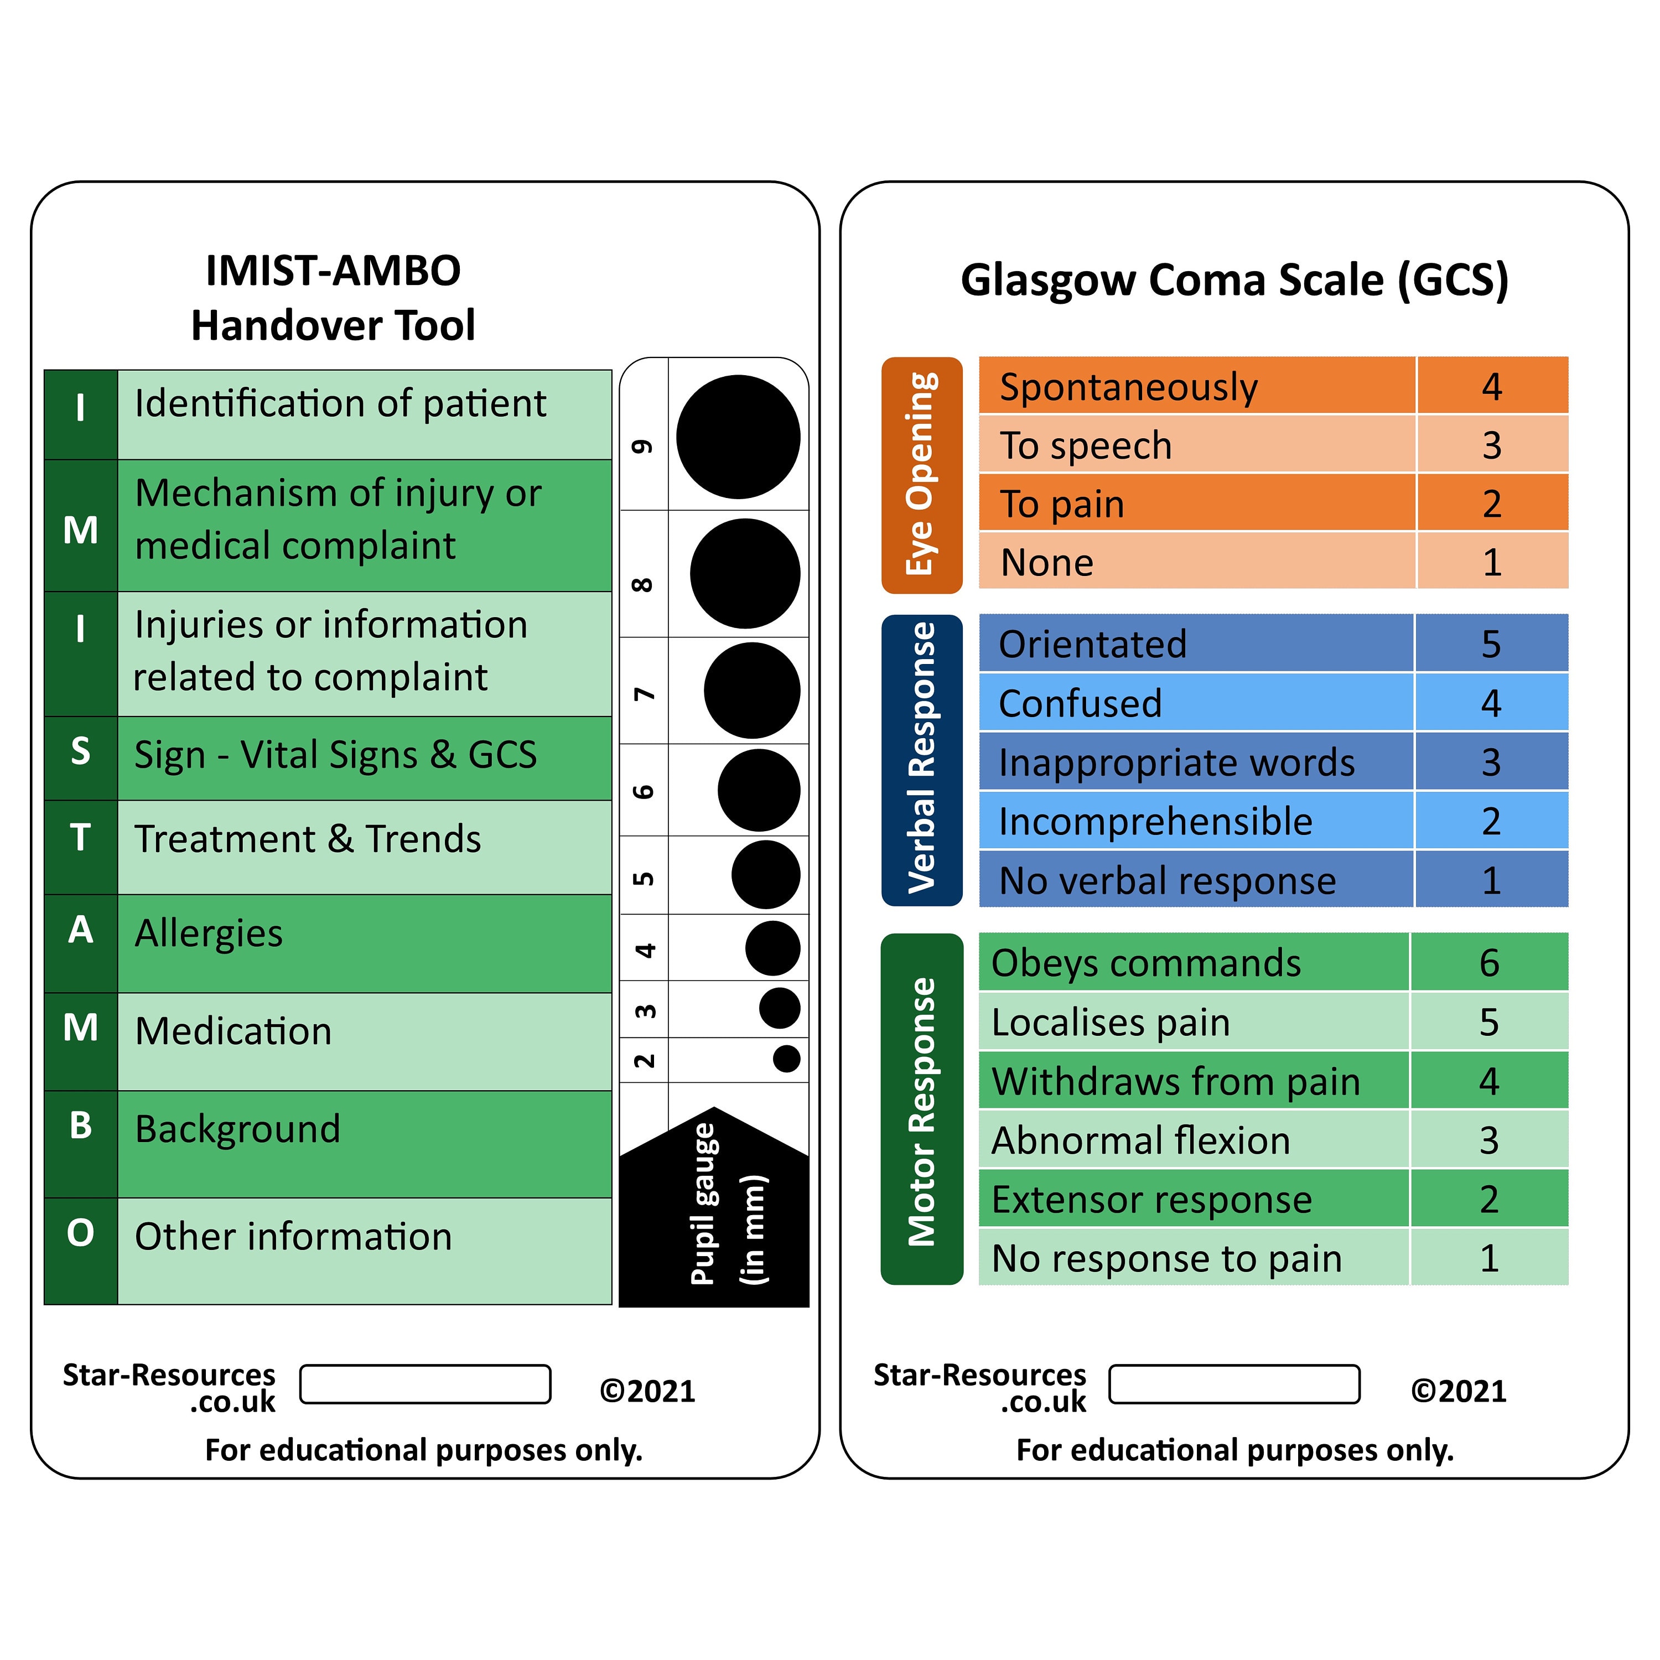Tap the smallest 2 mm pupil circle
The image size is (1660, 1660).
pos(786,1059)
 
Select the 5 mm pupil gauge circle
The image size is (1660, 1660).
pos(766,875)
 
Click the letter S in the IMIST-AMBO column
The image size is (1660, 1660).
pos(80,752)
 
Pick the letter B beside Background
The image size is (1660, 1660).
pos(80,1125)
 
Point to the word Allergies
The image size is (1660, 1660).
pos(209,933)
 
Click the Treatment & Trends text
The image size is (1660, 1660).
pos(308,839)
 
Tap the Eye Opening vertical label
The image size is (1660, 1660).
pos(921,474)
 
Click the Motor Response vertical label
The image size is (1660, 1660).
pos(921,1110)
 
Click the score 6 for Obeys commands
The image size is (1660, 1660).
pos(1489,962)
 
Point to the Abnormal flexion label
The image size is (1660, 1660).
pos(1140,1140)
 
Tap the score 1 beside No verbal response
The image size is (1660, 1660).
pos(1491,880)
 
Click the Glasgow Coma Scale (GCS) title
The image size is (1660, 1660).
pos(1234,280)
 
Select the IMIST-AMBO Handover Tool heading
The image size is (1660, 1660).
pos(333,297)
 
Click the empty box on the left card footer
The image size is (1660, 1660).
pos(426,1383)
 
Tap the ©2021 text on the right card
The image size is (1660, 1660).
pos(1458,1390)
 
